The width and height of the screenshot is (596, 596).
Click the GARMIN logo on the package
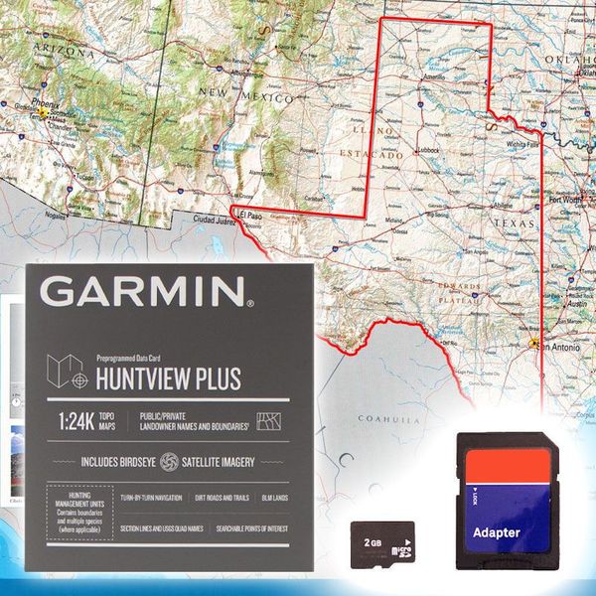click(145, 291)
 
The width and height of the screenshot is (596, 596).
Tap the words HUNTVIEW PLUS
click(168, 377)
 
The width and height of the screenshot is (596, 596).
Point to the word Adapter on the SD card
click(496, 532)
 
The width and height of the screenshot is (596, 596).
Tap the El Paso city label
click(248, 213)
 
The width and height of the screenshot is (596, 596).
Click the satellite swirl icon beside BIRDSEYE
click(169, 462)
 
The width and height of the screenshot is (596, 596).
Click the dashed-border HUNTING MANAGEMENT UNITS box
click(76, 513)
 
